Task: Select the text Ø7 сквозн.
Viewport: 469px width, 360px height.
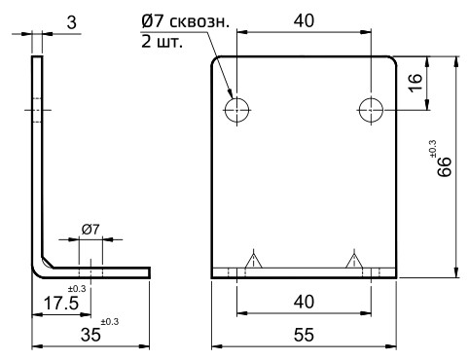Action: [x=184, y=22]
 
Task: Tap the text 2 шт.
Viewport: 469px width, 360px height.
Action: [x=162, y=44]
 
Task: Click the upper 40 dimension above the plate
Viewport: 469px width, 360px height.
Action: [x=304, y=20]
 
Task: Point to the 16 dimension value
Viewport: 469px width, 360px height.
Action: [x=415, y=85]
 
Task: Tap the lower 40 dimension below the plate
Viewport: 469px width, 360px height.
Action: [x=304, y=303]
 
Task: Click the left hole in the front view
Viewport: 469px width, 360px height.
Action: [x=237, y=110]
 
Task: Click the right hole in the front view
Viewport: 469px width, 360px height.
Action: [x=371, y=110]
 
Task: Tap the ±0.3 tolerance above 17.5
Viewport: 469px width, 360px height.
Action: [x=78, y=289]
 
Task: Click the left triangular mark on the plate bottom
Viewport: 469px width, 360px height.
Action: [x=255, y=260]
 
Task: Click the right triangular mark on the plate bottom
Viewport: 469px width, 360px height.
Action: [x=352, y=260]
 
